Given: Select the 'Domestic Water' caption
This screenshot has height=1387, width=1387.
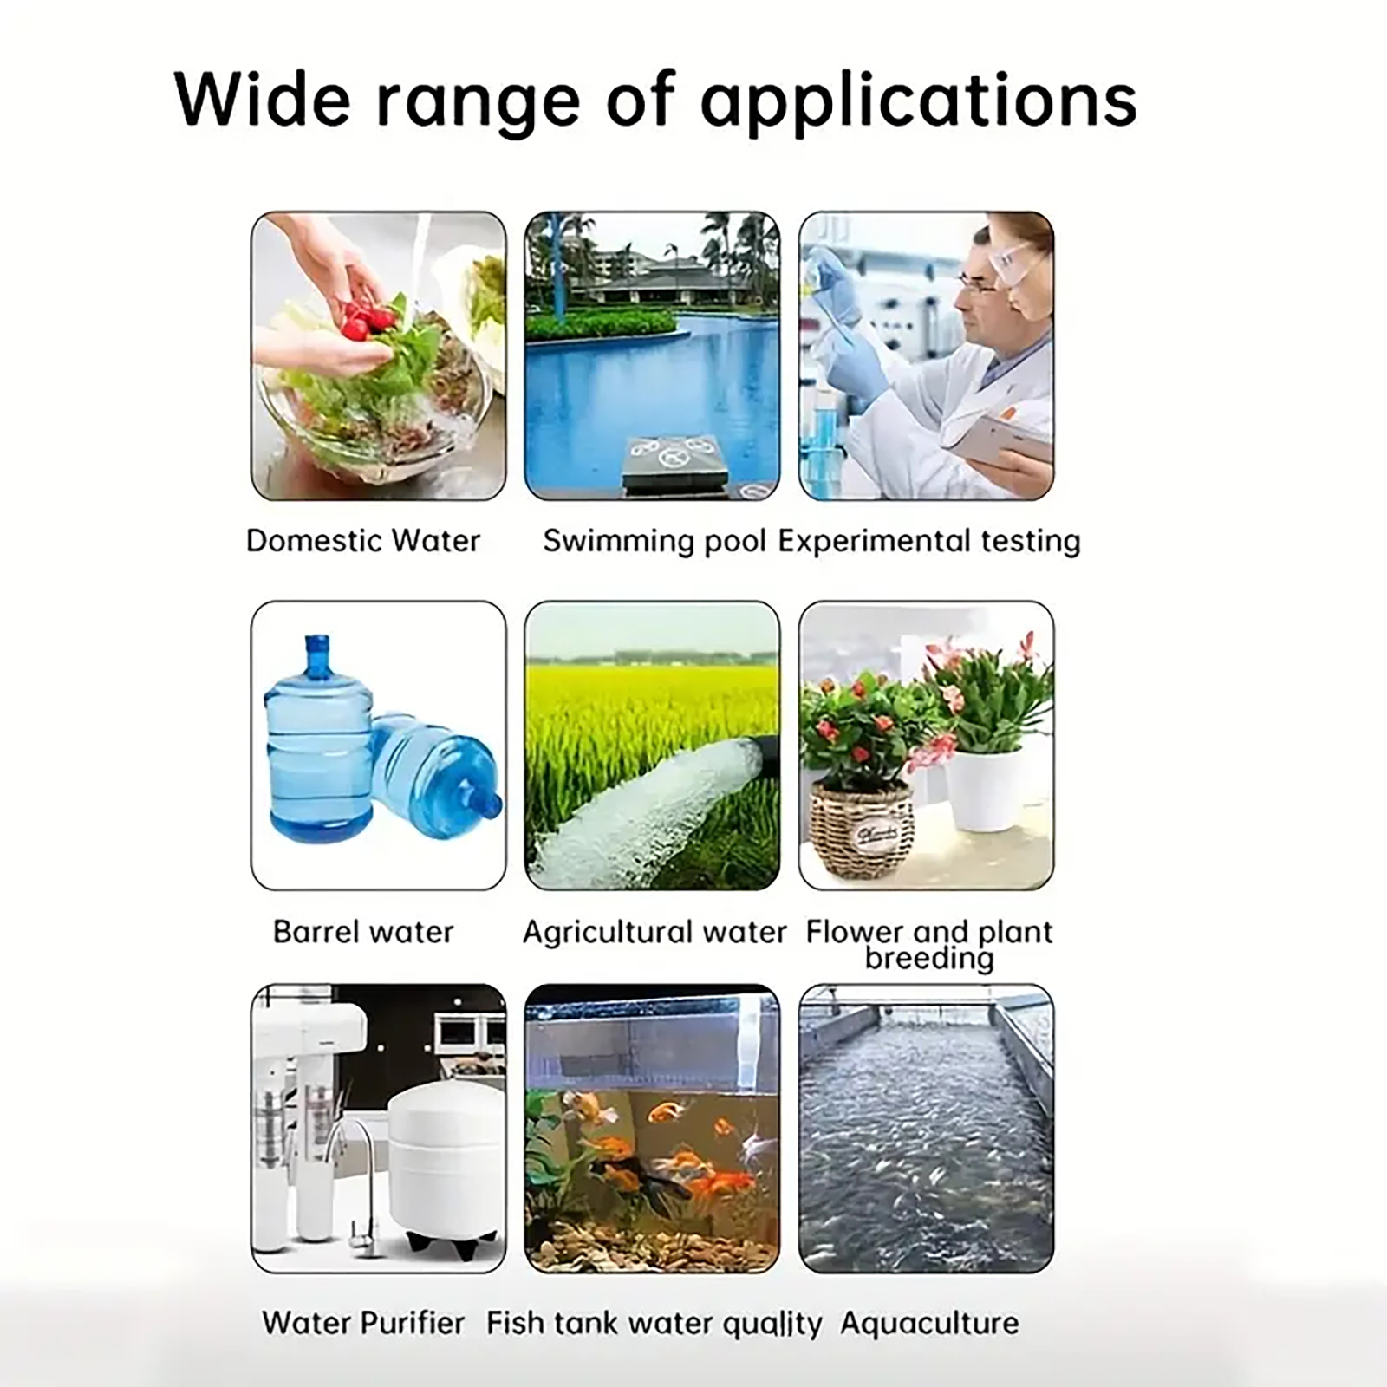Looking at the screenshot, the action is [363, 541].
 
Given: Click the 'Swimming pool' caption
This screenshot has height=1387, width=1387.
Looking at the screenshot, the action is [654, 542].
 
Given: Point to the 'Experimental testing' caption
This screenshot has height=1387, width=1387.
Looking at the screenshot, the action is [929, 542].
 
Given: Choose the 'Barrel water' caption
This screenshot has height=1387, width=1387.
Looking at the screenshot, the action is [363, 932].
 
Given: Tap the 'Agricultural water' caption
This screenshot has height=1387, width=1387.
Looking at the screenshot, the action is [654, 933].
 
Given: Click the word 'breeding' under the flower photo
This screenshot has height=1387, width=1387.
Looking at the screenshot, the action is [929, 959].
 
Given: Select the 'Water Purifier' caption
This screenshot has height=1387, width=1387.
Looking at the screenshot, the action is [363, 1323].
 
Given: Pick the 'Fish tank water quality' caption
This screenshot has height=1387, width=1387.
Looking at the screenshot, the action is [654, 1324].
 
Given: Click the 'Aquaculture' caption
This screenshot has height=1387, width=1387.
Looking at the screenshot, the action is [929, 1324].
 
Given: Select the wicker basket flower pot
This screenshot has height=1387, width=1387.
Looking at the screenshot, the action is [861, 829].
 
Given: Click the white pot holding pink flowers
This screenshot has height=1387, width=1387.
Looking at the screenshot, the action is [984, 789].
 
